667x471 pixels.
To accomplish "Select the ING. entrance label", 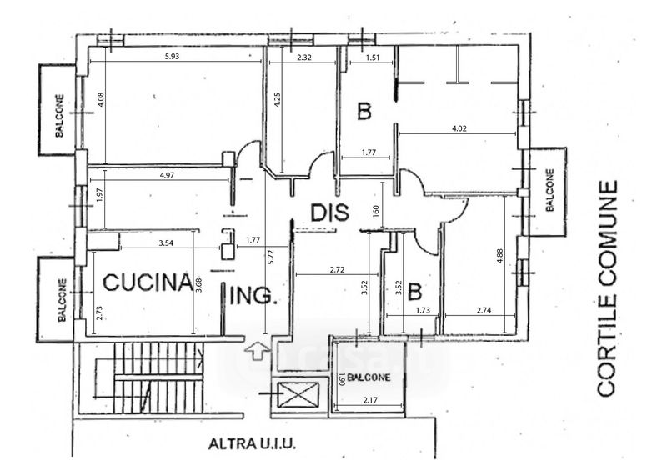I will (x=252, y=296).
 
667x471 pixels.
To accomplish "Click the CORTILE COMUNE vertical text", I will (x=607, y=288).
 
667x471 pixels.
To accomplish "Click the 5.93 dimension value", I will (x=173, y=56).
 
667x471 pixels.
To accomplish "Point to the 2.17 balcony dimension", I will (x=366, y=400).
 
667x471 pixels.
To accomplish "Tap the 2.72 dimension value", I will (x=338, y=270).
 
